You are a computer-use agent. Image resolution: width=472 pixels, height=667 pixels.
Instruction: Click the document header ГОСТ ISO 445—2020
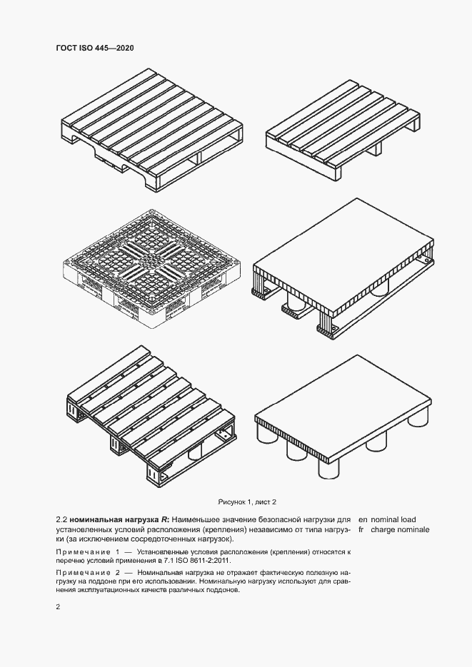(94, 48)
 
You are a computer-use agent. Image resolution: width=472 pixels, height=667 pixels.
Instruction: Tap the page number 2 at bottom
(58, 607)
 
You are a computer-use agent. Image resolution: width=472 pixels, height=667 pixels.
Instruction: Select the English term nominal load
(393, 519)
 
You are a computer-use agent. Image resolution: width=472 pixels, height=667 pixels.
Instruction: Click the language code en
(362, 519)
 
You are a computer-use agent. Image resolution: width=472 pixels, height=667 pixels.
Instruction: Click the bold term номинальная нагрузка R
(120, 519)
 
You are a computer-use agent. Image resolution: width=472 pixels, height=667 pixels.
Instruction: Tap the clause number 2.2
(61, 519)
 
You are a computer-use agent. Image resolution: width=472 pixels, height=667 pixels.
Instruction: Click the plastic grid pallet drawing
(150, 269)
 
